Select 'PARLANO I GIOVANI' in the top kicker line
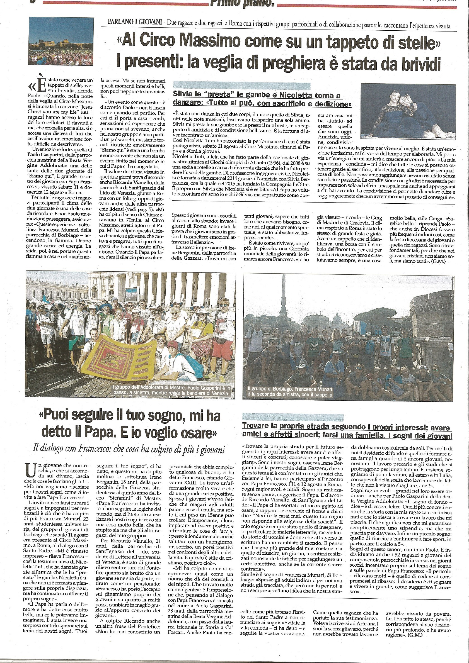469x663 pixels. point(134,22)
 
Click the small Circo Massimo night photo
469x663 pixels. point(61,41)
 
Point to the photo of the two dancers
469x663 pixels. point(408,111)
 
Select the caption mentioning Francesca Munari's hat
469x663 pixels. point(290,392)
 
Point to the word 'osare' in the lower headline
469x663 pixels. point(197,433)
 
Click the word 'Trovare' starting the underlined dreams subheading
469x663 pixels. point(257,426)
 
